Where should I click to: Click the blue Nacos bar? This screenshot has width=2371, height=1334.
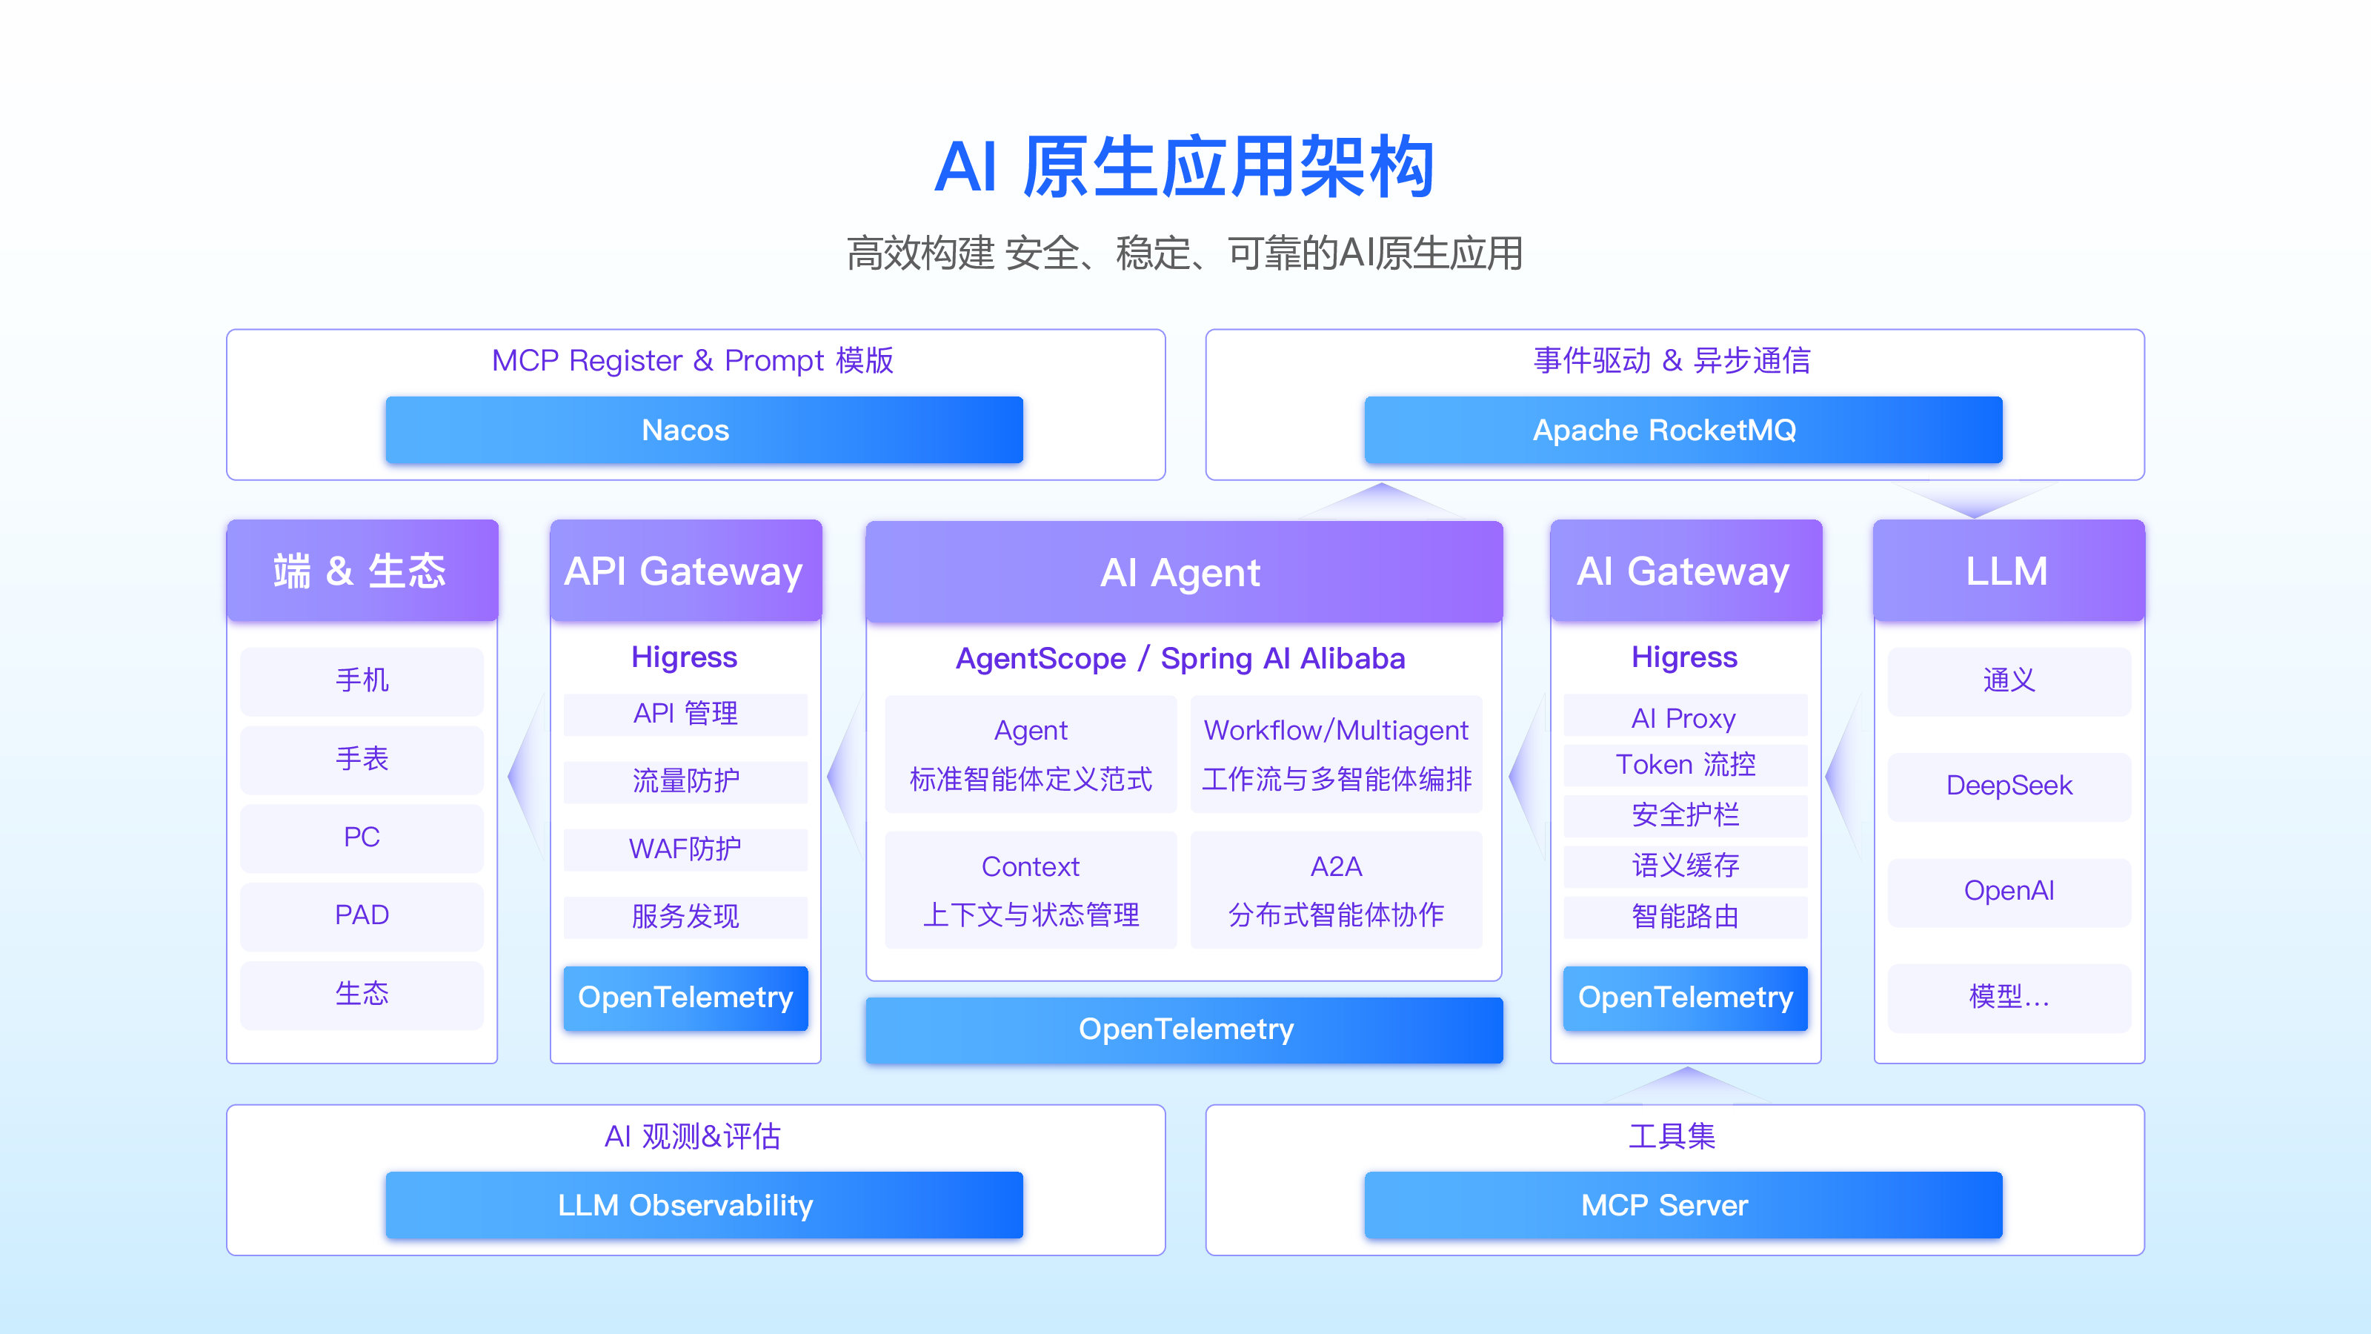click(704, 430)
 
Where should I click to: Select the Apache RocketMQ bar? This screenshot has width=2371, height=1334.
click(1683, 430)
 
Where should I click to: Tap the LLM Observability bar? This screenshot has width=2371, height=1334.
click(704, 1204)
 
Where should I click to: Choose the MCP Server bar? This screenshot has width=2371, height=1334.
click(1683, 1204)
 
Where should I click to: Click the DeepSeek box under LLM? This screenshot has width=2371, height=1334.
click(2009, 786)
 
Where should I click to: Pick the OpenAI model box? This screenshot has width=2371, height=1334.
click(2009, 891)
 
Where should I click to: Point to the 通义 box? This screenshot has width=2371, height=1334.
click(2009, 680)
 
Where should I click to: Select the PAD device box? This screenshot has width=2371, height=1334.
click(362, 915)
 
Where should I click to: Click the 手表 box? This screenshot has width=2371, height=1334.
click(362, 759)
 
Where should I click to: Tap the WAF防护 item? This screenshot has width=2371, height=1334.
click(685, 848)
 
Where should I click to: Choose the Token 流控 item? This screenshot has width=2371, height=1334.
click(1686, 765)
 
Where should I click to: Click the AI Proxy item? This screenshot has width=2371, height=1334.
click(1686, 717)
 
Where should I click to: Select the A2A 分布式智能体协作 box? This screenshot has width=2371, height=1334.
click(1335, 890)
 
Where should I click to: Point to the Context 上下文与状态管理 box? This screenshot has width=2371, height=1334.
click(1030, 890)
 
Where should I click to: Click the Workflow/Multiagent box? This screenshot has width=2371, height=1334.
click(1335, 754)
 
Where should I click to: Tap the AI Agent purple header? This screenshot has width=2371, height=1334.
click(1184, 571)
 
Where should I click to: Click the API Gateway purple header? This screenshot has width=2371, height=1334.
click(685, 571)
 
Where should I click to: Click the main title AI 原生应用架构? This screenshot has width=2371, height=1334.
click(1185, 167)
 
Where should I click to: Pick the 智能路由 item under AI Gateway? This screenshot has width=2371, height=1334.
click(1686, 916)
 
